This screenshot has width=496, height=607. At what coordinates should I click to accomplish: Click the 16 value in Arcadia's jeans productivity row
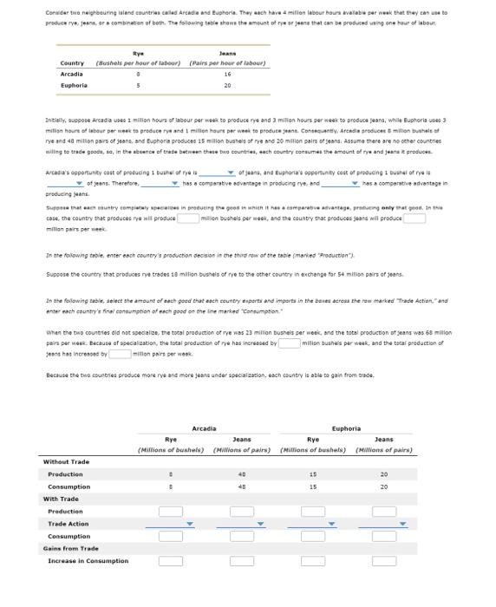pyautogui.click(x=227, y=75)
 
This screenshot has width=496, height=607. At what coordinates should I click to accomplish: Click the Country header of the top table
pyautogui.click(x=72, y=63)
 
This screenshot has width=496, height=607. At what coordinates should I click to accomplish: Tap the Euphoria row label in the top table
pyautogui.click(x=74, y=85)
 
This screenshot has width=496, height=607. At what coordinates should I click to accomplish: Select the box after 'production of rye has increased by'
pyautogui.click(x=289, y=343)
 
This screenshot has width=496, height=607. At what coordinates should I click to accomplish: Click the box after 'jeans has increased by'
pyautogui.click(x=120, y=353)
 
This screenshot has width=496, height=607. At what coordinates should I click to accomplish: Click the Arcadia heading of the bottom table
pyautogui.click(x=204, y=428)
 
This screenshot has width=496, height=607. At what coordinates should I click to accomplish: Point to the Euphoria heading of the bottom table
pyautogui.click(x=346, y=428)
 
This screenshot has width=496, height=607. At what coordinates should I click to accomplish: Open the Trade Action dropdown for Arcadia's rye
pyautogui.click(x=170, y=524)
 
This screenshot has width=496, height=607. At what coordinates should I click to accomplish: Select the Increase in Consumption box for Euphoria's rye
pyautogui.click(x=313, y=561)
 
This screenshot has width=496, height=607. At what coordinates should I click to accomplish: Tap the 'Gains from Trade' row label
pyautogui.click(x=71, y=549)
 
